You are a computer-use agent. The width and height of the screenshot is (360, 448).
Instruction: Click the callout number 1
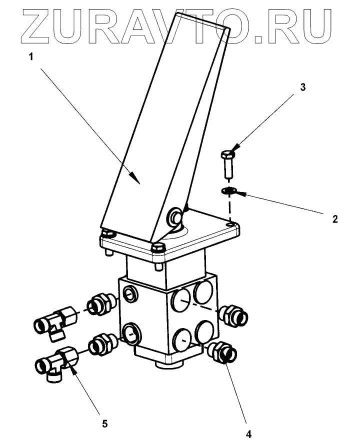[30, 57]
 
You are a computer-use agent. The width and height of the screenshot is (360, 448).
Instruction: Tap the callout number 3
[302, 87]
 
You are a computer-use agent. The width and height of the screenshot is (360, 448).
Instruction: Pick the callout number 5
[104, 424]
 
